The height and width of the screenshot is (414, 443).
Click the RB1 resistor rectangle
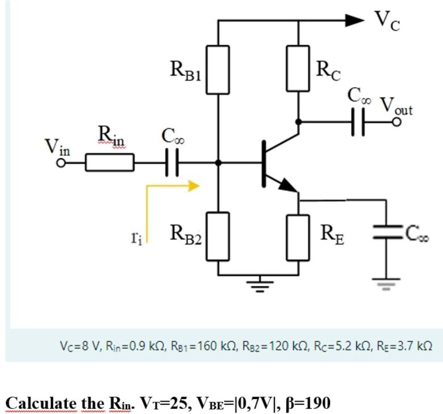[x=217, y=70]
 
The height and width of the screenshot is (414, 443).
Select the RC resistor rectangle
[x=298, y=68]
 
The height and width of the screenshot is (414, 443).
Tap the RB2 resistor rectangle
[x=217, y=236]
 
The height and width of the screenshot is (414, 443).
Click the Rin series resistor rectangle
[x=110, y=163]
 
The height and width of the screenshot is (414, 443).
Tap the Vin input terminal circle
[x=62, y=163]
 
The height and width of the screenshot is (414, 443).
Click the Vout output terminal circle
[x=396, y=122]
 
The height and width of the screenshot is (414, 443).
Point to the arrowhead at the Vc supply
[x=355, y=20]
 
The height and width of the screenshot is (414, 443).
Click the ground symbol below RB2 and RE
[x=259, y=284]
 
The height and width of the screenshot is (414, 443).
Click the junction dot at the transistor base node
[x=218, y=163]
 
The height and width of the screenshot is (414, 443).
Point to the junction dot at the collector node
[x=298, y=122]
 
